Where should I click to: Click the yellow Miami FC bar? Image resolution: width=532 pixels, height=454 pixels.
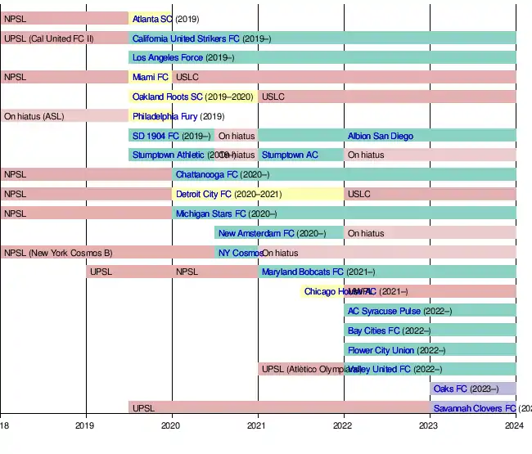tap(150, 77)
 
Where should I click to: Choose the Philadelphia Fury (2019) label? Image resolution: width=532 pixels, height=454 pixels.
tap(178, 116)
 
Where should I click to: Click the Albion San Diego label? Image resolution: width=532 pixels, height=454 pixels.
tap(380, 136)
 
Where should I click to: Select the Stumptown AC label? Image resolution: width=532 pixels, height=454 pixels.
tap(290, 155)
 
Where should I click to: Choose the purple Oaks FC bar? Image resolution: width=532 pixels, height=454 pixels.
tap(473, 389)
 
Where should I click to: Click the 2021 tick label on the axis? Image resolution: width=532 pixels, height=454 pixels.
tap(257, 425)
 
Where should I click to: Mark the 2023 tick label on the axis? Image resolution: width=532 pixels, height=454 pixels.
tap(429, 425)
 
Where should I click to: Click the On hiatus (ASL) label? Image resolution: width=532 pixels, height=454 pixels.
tap(34, 116)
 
